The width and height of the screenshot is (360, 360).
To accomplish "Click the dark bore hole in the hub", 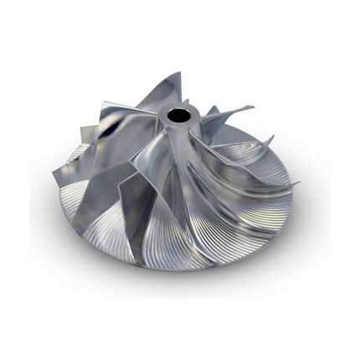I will (180, 115).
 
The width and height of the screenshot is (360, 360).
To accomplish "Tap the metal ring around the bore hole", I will (170, 118).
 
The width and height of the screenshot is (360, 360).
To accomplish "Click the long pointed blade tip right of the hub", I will (252, 107).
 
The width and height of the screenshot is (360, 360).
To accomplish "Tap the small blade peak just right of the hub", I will (213, 110).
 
